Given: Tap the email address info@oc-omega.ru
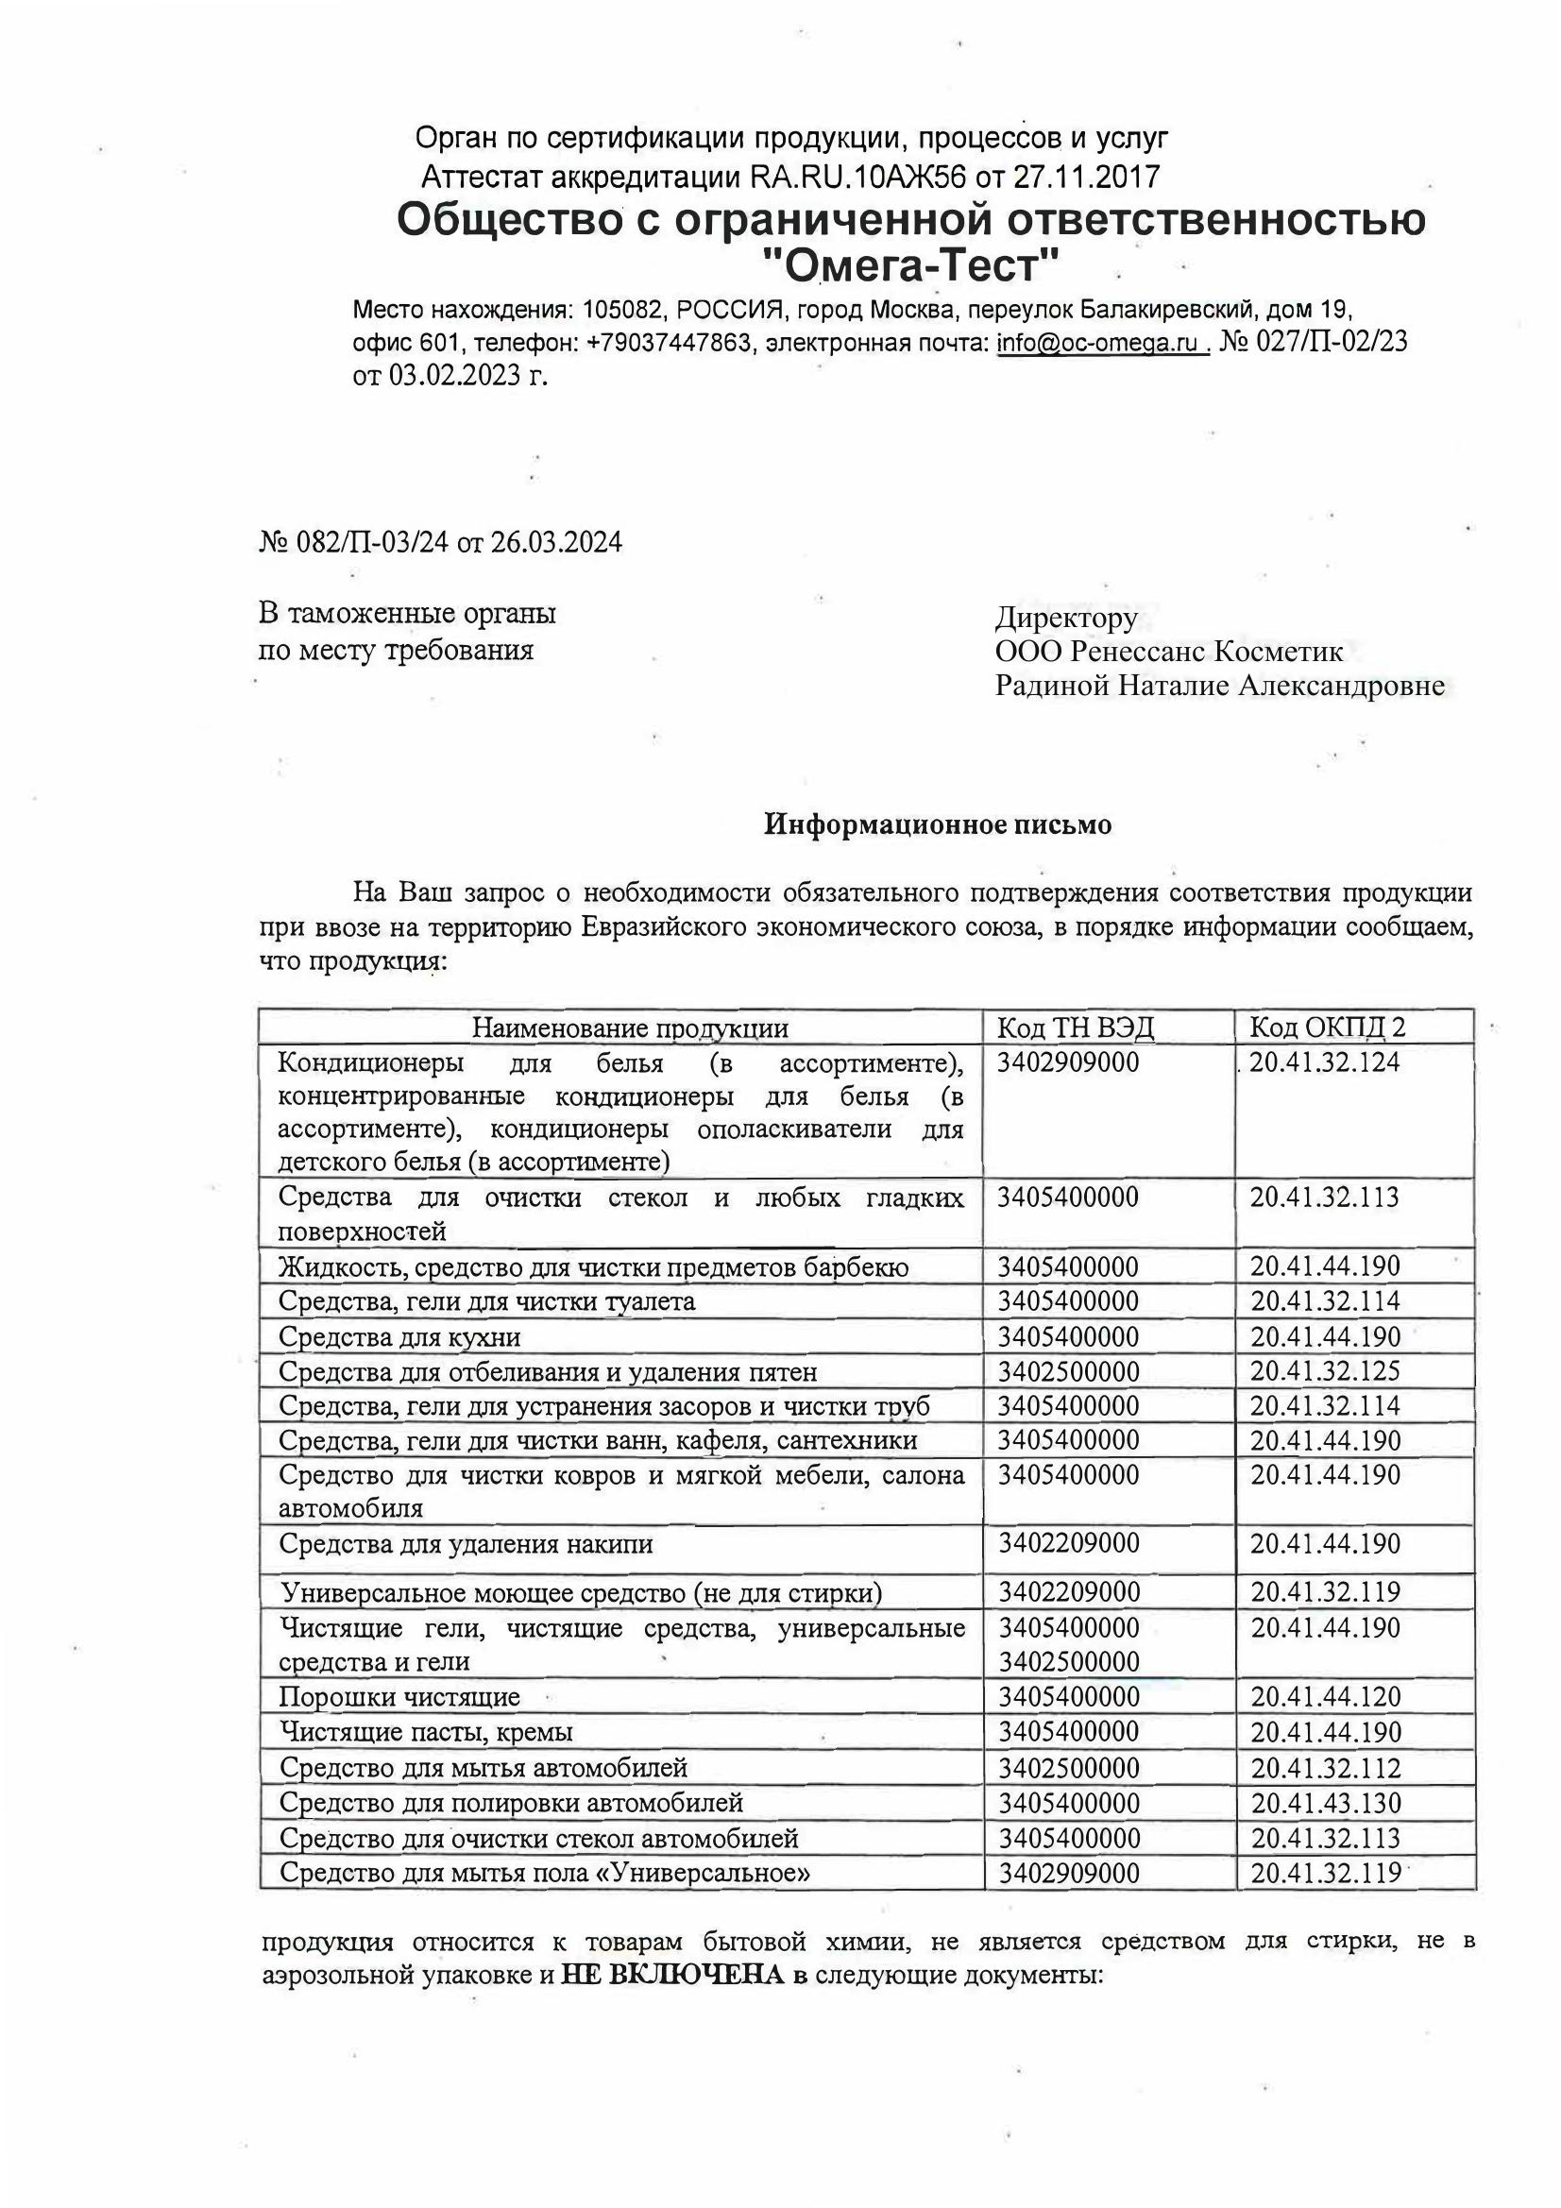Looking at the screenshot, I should (x=1100, y=343).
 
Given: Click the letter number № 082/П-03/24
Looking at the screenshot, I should (x=355, y=543).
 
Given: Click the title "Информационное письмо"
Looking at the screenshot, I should (x=937, y=824).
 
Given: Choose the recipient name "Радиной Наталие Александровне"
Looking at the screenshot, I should (x=1218, y=686).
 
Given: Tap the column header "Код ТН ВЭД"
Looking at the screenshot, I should (x=1076, y=1028).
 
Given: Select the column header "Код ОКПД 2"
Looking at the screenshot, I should (x=1328, y=1028).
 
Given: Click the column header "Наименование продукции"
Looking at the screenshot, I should (x=629, y=1028).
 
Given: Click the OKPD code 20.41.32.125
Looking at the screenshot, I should (x=1325, y=1371).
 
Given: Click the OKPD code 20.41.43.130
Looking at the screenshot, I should (x=1325, y=1803).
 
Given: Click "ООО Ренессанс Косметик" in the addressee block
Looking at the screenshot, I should (x=1168, y=651).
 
